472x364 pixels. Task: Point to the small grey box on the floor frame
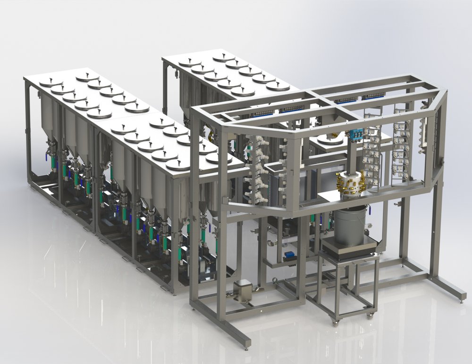pyautogui.click(x=242, y=288)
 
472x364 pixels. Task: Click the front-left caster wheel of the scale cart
pyautogui.click(x=335, y=323)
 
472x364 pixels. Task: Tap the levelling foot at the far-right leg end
pyautogui.click(x=463, y=298)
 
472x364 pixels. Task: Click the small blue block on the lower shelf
pyautogui.click(x=288, y=255)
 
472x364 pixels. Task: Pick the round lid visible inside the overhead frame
pyautogui.click(x=330, y=139)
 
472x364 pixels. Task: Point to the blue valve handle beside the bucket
pyautogui.click(x=370, y=210)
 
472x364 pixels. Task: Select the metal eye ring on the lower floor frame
pyautogui.click(x=273, y=282)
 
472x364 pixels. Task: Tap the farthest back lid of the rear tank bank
pyautogui.click(x=224, y=57)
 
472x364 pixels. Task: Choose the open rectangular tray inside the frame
pyautogui.click(x=276, y=167)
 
